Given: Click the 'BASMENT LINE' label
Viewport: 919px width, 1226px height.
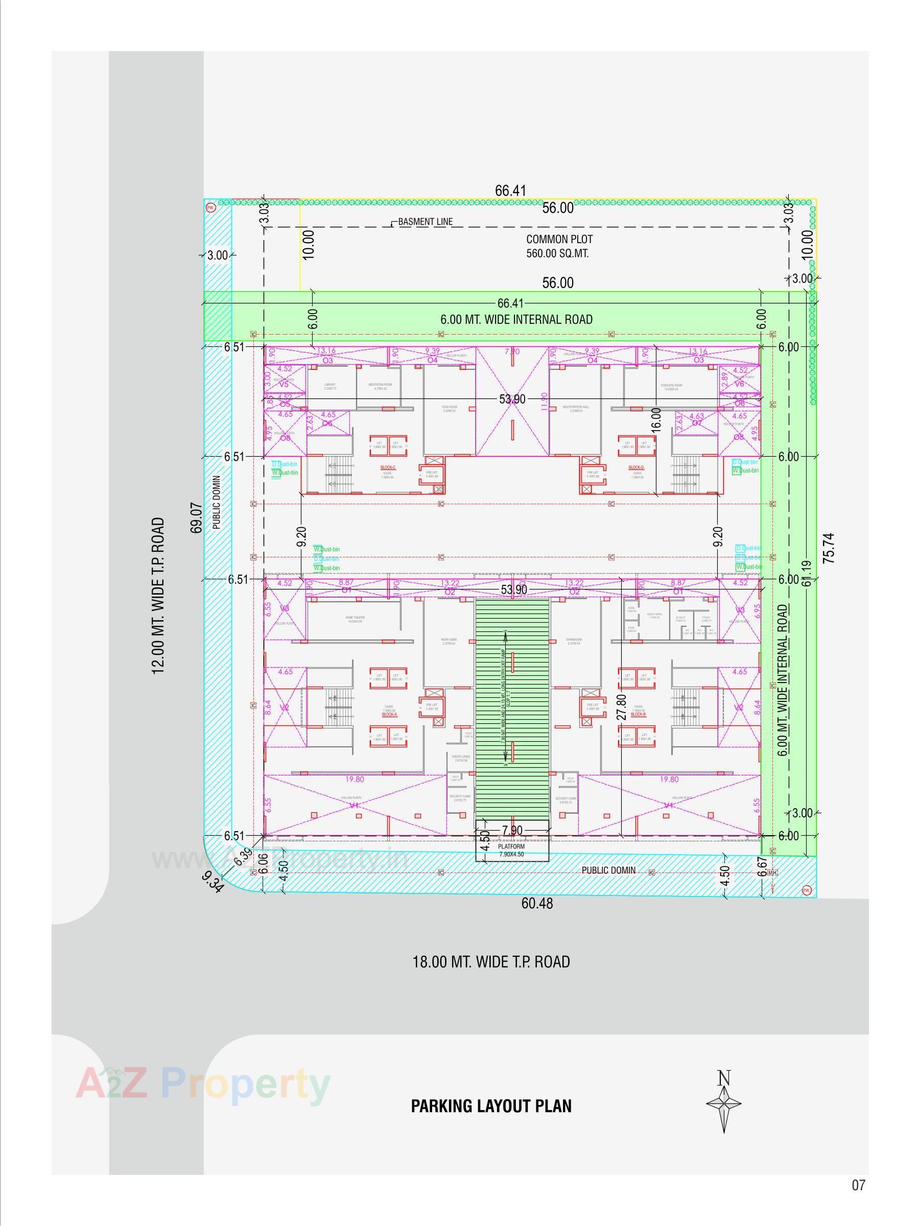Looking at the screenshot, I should pos(425,222).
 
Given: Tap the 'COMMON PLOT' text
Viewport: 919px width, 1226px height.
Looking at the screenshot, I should pos(559,240).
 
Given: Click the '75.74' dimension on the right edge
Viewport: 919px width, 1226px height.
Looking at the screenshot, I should pos(828,548).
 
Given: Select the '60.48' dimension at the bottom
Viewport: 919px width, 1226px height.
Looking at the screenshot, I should pos(536,904).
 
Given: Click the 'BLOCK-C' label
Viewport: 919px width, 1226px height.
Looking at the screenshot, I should pos(388,468).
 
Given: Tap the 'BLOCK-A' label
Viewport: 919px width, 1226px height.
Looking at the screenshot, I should pos(390,715).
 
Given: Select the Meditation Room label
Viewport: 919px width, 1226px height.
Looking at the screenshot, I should pos(380,386).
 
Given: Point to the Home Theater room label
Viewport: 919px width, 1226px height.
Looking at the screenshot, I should pos(356,619).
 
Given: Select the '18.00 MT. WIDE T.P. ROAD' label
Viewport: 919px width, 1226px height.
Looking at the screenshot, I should pos(490,961).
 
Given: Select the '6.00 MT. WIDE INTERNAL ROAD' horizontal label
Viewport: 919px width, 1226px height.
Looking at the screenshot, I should pos(516,320).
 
